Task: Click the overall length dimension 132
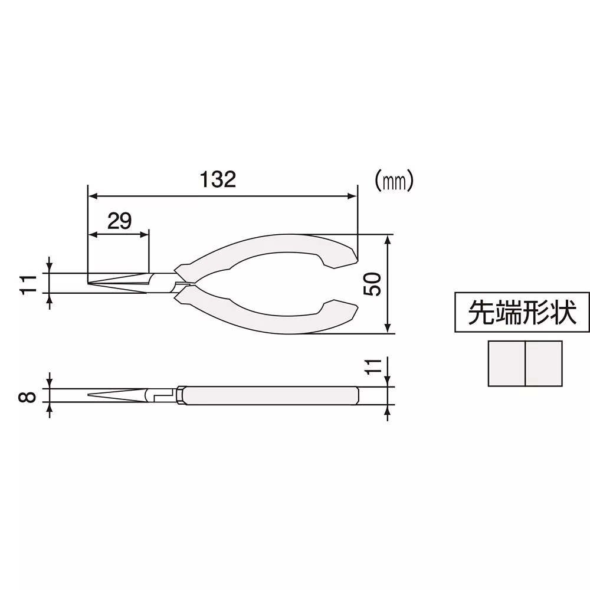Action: coord(218,179)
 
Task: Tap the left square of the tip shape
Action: coord(507,364)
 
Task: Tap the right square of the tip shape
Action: coord(543,364)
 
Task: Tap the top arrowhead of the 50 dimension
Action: coord(388,238)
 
